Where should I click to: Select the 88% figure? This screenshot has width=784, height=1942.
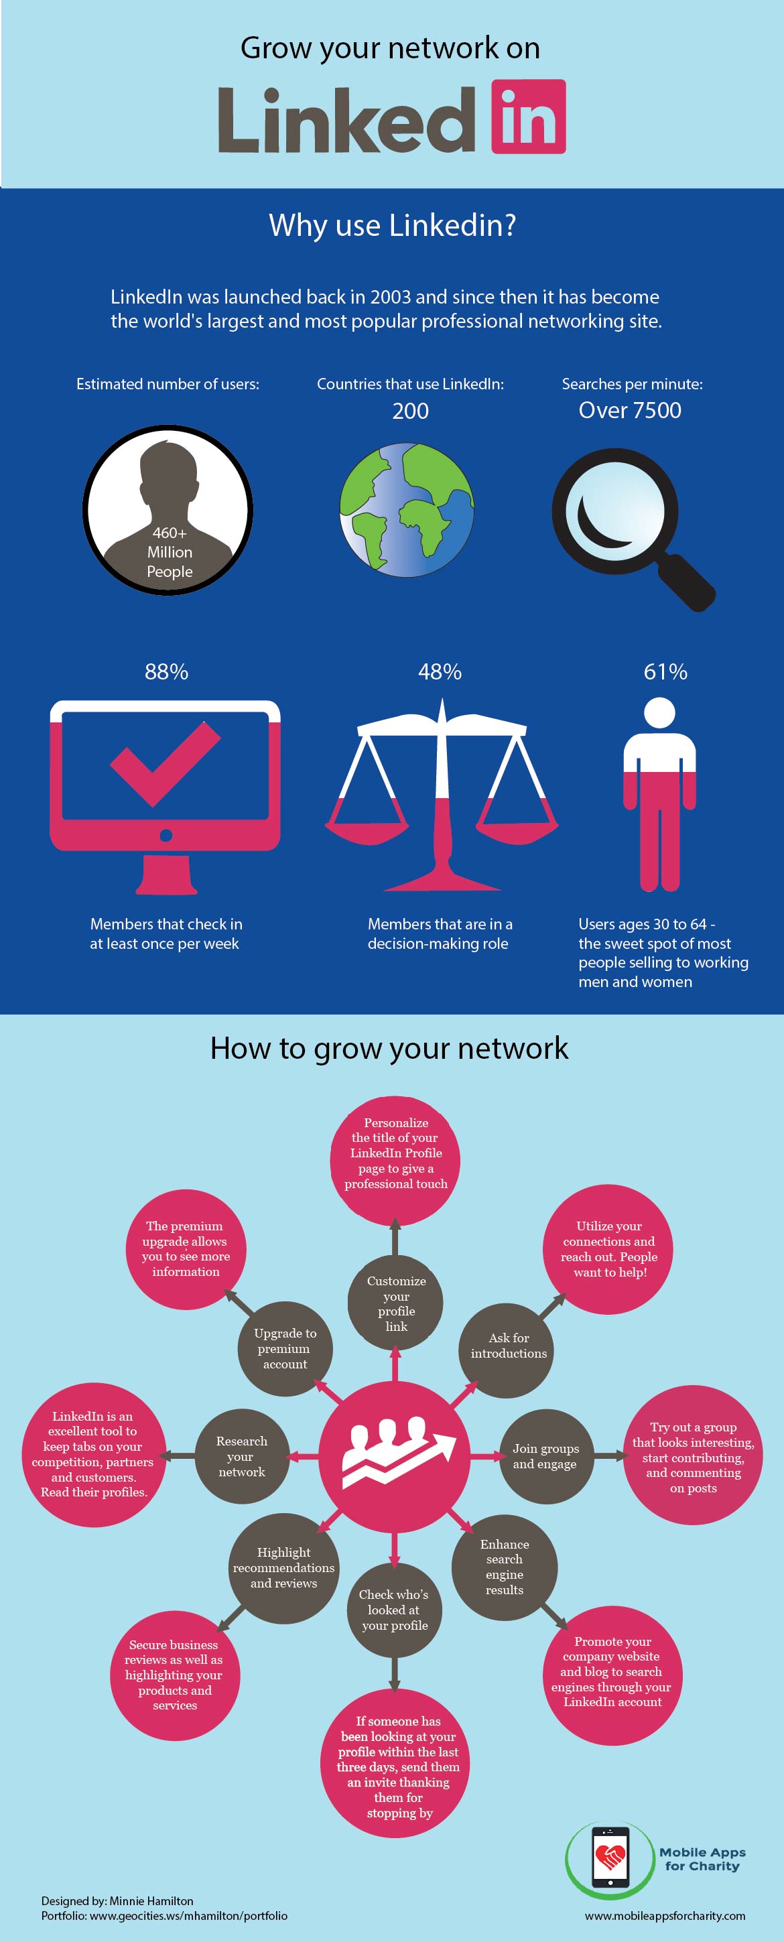(x=167, y=671)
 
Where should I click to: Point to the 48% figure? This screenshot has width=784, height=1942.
(x=440, y=671)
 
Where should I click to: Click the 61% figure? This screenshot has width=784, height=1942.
(x=665, y=671)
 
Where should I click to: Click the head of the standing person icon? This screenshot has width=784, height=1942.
(x=659, y=713)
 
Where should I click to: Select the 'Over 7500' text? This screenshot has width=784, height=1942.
(x=630, y=410)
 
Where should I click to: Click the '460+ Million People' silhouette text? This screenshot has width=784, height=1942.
(x=170, y=552)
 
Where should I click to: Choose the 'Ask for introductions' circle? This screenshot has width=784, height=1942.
(x=507, y=1348)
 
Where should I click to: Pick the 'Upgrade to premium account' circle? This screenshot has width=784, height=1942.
(x=284, y=1349)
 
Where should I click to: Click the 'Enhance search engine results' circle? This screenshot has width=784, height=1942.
(x=505, y=1567)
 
